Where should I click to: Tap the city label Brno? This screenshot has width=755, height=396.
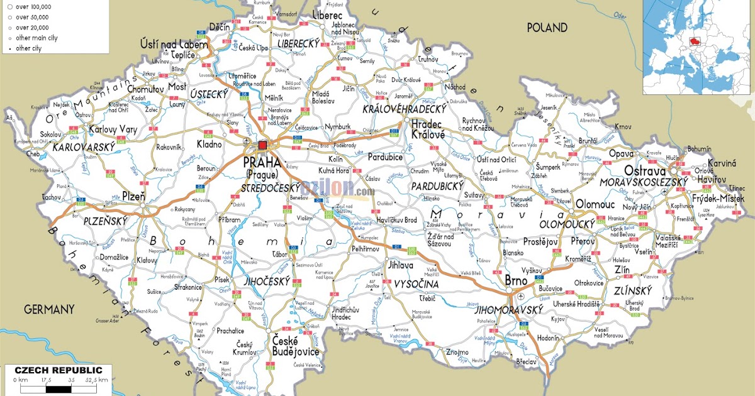[x=517, y=279]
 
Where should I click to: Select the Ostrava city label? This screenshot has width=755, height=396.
[x=645, y=171]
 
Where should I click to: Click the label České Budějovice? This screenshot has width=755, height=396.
[x=295, y=346]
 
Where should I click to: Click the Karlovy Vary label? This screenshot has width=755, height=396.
[x=113, y=129]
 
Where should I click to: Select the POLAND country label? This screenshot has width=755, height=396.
[x=547, y=28]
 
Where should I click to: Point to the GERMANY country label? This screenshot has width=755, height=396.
[x=49, y=309]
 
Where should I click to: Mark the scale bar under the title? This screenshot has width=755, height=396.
[x=60, y=387]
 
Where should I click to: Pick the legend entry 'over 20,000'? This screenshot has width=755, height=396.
[x=33, y=28]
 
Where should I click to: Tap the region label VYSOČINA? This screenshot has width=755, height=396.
[x=415, y=285]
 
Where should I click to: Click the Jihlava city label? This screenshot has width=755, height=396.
[x=401, y=265]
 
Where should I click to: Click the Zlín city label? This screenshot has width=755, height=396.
[x=622, y=270]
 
